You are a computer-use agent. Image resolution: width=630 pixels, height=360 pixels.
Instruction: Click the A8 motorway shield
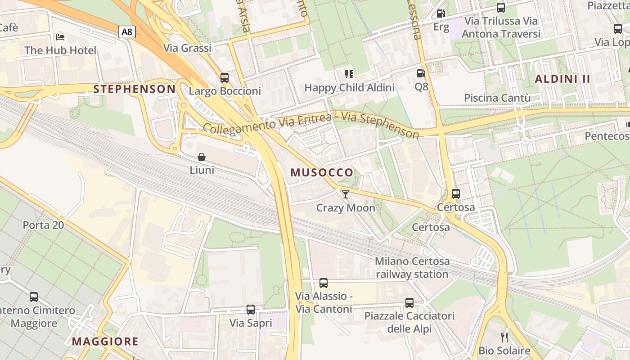coord(126,31)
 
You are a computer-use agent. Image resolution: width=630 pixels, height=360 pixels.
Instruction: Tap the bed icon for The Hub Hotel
coord(60,37)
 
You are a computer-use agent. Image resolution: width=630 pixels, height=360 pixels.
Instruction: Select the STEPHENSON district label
coord(134,89)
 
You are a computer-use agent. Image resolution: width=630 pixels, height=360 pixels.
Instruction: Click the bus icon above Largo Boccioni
coord(225,77)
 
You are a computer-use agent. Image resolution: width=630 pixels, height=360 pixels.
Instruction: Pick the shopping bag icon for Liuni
coord(202,157)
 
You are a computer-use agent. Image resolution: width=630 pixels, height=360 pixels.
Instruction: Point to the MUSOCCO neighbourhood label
coord(322,173)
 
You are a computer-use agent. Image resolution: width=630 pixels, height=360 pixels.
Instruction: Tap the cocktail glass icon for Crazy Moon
coord(345,194)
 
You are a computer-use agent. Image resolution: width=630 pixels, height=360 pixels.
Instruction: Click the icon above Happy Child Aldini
coord(349,74)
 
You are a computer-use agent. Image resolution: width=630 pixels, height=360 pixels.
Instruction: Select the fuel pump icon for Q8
coord(421,73)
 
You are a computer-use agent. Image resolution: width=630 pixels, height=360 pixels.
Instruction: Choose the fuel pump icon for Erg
coord(441,14)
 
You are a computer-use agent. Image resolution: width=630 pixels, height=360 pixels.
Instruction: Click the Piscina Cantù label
coord(497,98)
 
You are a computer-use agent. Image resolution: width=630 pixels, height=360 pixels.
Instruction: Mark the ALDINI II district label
coord(562,79)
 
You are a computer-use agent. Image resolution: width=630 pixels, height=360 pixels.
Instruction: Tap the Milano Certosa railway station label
coord(412,268)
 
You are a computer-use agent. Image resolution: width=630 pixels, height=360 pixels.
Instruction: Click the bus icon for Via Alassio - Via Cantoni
coord(324,283)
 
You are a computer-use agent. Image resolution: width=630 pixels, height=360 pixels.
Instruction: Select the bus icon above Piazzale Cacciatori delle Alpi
coord(409,303)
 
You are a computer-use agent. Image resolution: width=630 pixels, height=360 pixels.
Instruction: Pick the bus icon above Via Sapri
coord(251,310)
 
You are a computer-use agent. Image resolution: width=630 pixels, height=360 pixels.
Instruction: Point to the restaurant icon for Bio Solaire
coord(504,337)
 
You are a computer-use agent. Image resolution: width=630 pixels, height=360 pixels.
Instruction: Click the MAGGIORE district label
coord(105,342)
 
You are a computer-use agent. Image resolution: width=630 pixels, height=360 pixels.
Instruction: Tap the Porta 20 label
coord(43,225)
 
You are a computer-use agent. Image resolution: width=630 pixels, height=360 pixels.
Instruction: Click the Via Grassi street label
coord(187,48)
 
